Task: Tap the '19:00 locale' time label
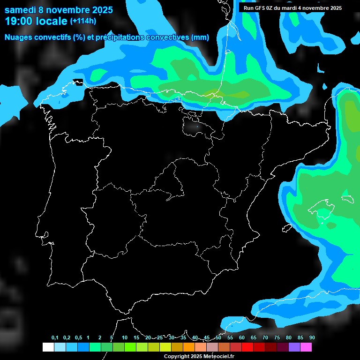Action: point(36,21)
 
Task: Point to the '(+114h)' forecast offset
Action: point(83,21)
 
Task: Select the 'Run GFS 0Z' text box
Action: point(292,8)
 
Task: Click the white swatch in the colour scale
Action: point(48,347)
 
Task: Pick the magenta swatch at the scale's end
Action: point(306,347)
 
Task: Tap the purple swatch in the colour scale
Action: point(294,347)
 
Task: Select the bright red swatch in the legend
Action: point(247,347)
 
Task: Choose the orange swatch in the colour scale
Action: point(189,347)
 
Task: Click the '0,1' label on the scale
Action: point(55,338)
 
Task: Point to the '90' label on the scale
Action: point(312,338)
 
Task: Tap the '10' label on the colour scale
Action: point(124,338)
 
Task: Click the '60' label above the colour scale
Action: point(241,338)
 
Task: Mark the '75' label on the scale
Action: point(277,338)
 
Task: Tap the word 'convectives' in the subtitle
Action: point(167,37)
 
